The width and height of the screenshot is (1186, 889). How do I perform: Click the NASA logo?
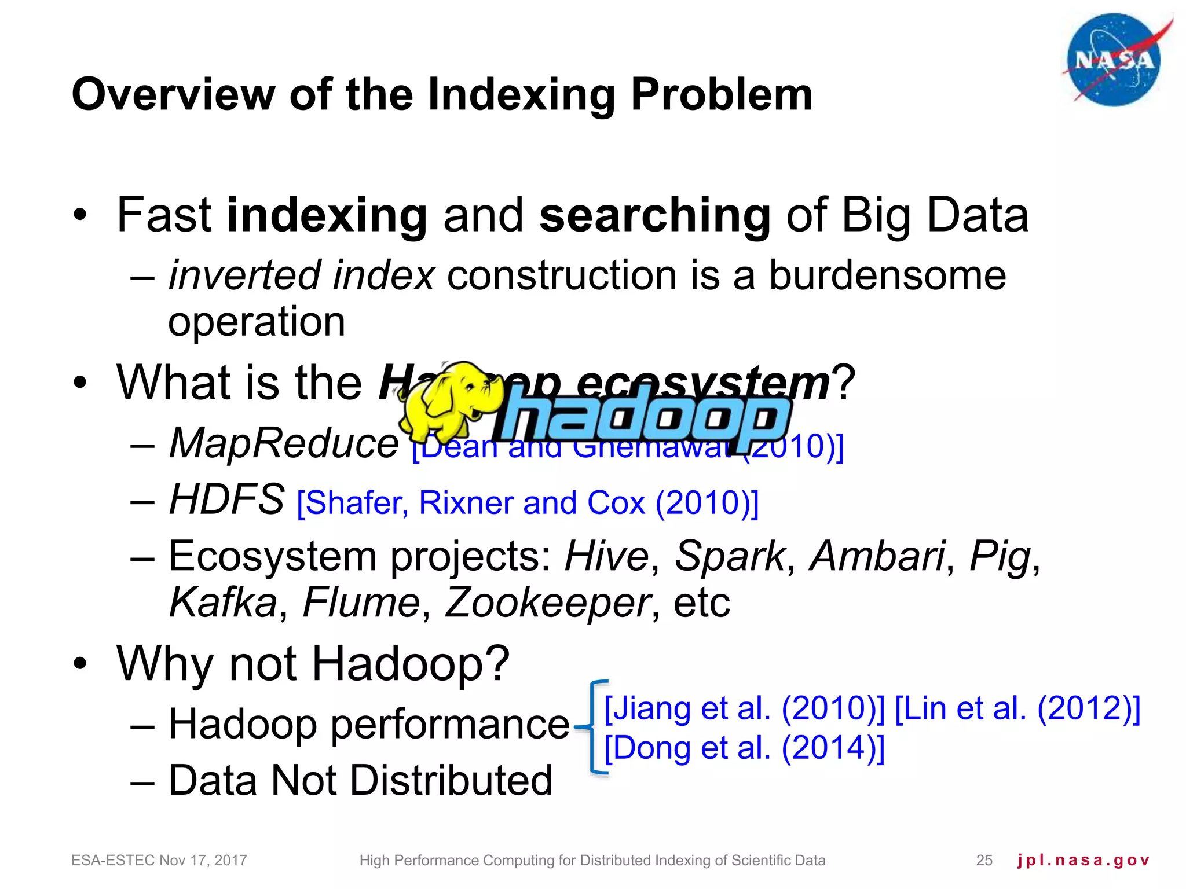pyautogui.click(x=1113, y=60)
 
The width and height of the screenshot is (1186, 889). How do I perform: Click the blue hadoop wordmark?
pyautogui.click(x=643, y=418)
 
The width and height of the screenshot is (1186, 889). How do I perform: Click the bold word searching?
pyautogui.click(x=654, y=215)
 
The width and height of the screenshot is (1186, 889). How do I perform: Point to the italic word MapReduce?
pyautogui.click(x=284, y=443)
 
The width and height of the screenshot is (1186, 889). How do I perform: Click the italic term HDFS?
pyautogui.click(x=226, y=499)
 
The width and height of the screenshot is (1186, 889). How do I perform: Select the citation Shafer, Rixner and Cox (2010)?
pyautogui.click(x=527, y=502)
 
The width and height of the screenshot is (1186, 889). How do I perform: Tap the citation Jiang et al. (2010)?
pyautogui.click(x=744, y=708)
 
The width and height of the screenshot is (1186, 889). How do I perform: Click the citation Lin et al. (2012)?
pyautogui.click(x=1017, y=708)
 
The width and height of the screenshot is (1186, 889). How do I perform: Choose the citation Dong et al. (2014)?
pyautogui.click(x=744, y=748)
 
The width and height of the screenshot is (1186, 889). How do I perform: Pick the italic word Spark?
pyautogui.click(x=729, y=556)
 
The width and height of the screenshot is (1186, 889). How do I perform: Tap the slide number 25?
pyautogui.click(x=984, y=860)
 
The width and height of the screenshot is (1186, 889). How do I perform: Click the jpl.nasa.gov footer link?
pyautogui.click(x=1083, y=860)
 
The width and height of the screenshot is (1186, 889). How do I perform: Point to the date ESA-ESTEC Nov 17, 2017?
pyautogui.click(x=159, y=860)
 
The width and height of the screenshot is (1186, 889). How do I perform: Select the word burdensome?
pyautogui.click(x=887, y=275)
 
